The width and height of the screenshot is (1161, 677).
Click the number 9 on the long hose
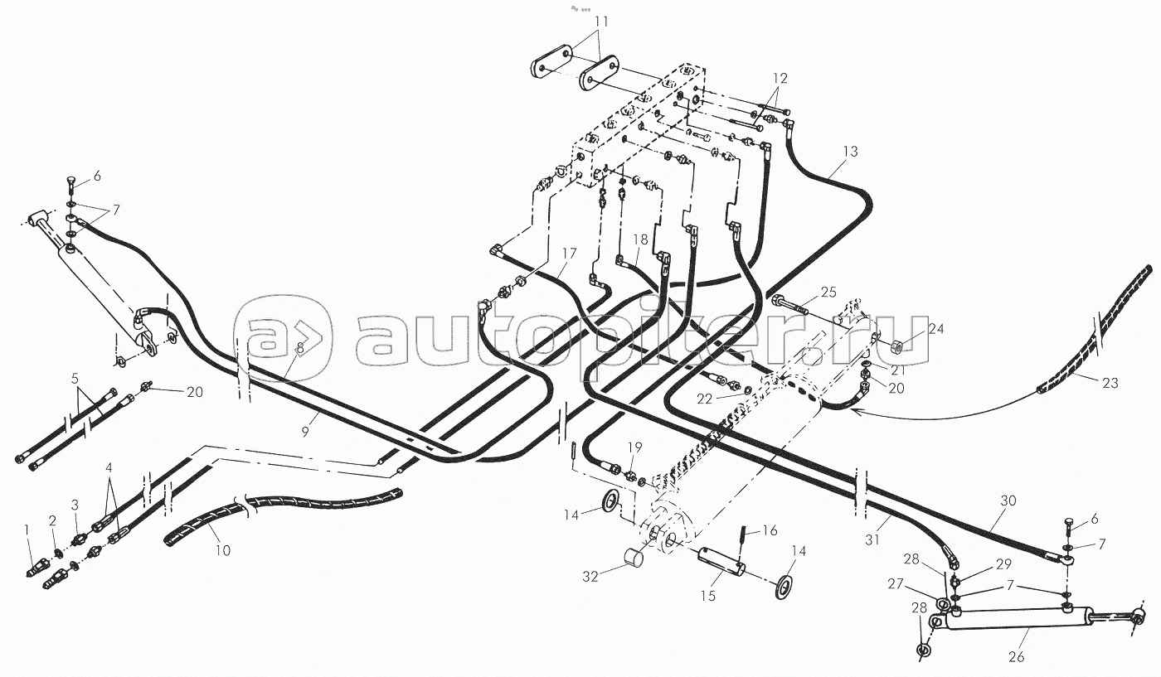coord(304,433)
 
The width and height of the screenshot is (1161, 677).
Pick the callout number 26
coord(1017,657)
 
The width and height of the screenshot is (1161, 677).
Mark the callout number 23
coord(1111,382)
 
